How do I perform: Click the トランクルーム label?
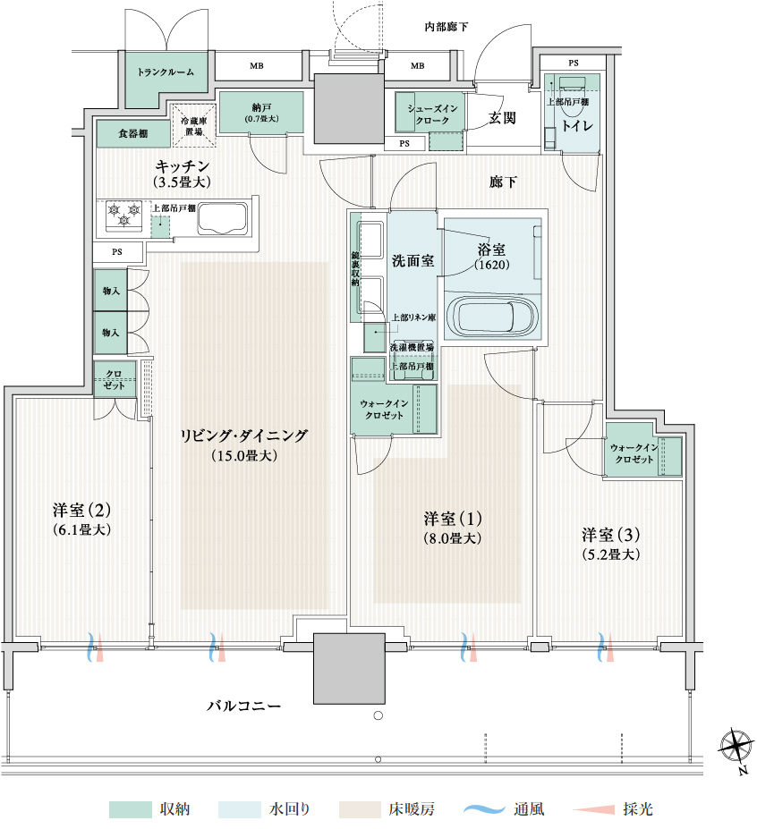(166, 72)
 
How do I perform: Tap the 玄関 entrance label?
(502, 117)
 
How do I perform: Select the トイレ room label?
(576, 126)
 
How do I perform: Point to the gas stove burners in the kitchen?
(124, 216)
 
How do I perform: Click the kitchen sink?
(223, 218)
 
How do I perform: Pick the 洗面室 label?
(413, 260)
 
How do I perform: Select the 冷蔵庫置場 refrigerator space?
(193, 126)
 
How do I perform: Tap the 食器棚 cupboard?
(133, 134)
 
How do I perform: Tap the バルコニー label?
(244, 706)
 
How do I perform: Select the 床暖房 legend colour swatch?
(360, 809)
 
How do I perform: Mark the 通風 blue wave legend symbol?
(485, 809)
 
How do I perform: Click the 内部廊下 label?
(447, 27)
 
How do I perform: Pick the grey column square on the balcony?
(349, 668)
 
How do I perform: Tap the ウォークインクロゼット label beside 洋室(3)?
(634, 453)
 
